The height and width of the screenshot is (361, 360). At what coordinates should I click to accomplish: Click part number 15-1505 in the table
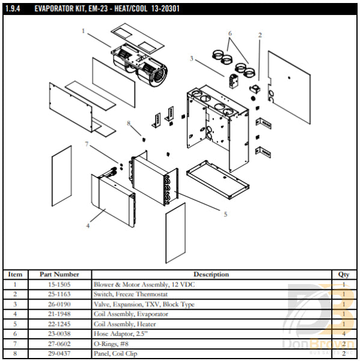59,284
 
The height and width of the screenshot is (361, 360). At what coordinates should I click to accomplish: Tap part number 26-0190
59,304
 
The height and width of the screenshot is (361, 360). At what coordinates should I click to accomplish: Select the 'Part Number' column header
59,274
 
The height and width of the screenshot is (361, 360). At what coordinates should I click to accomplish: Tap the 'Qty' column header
344,274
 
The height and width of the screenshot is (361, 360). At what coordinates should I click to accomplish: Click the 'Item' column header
16,274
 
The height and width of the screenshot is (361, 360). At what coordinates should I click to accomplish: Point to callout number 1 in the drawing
83,29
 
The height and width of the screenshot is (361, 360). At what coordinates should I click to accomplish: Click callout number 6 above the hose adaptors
230,33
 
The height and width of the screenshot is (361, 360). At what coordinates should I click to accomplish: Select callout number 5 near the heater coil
225,214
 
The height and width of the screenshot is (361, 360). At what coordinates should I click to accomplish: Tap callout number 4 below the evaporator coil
88,226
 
